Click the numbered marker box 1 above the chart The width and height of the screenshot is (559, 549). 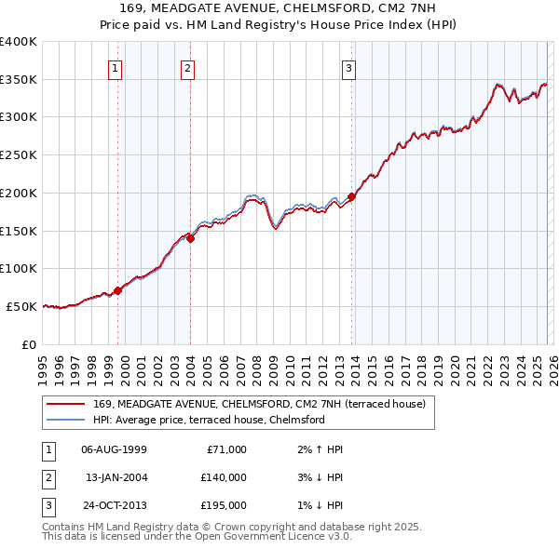(x=115, y=67)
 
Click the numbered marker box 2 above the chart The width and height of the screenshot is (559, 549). (x=187, y=67)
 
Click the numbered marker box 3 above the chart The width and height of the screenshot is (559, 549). (x=348, y=67)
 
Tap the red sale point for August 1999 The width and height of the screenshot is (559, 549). (x=118, y=290)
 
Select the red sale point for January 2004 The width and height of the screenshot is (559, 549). (x=190, y=238)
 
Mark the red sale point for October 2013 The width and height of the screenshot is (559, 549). (x=351, y=197)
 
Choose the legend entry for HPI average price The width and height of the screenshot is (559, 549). (x=209, y=420)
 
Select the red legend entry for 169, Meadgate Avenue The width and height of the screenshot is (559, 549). (x=259, y=404)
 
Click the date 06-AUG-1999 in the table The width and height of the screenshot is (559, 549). (x=115, y=449)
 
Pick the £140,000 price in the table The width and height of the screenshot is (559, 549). (x=223, y=477)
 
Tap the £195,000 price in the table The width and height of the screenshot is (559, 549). (x=223, y=505)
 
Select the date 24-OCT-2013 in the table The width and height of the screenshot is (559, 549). (x=115, y=505)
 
